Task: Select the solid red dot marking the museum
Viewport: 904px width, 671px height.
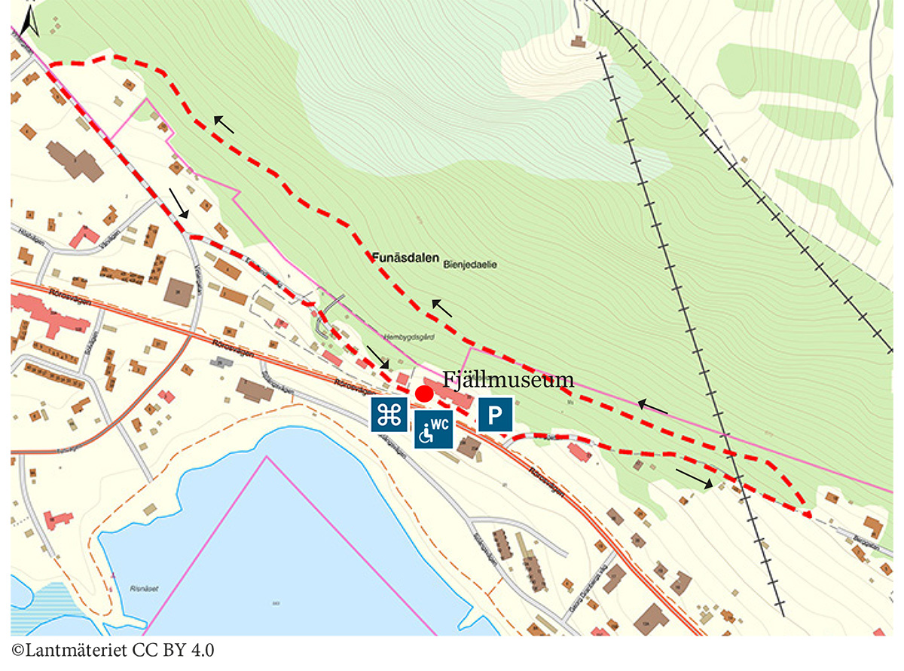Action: tap(424, 394)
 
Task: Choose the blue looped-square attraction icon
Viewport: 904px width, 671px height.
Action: tap(389, 415)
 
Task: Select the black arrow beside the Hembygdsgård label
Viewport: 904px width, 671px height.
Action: tap(378, 357)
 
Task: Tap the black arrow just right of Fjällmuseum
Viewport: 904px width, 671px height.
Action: tap(652, 407)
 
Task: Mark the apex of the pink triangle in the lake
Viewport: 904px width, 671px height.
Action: tap(267, 458)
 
